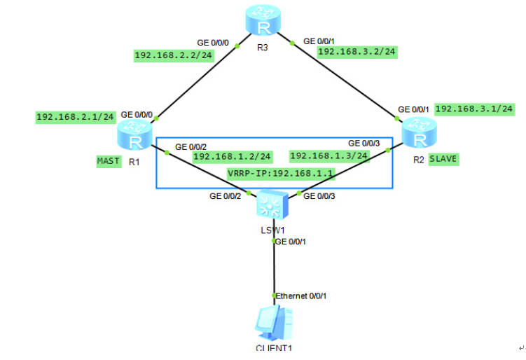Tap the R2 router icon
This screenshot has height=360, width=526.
418,134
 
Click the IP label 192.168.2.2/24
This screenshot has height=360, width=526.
174,55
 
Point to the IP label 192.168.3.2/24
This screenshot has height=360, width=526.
357,51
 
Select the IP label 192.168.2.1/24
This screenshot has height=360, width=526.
75,117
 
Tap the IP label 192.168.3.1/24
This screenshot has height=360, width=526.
475,109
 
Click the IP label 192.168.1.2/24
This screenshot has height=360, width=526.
232,156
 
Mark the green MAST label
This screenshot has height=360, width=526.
109,161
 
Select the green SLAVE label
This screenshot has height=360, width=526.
443,159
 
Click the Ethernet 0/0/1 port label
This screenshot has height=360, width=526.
301,296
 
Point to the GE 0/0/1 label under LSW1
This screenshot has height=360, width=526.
291,242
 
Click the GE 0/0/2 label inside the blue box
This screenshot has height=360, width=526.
191,147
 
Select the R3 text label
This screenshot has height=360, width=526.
263,50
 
